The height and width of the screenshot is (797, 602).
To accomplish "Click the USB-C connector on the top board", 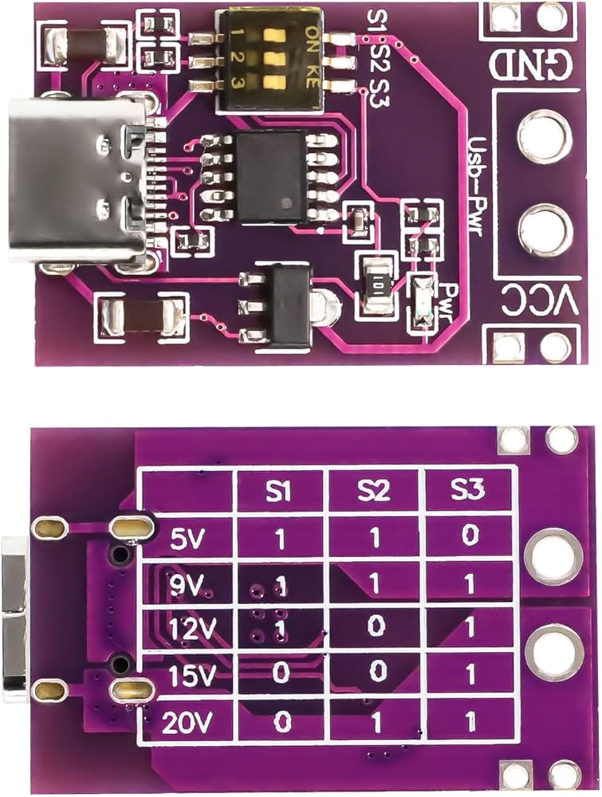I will coord(76,179).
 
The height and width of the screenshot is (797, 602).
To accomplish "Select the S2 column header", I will coord(373,492).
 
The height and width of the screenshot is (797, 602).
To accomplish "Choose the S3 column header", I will coord(469,492).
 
